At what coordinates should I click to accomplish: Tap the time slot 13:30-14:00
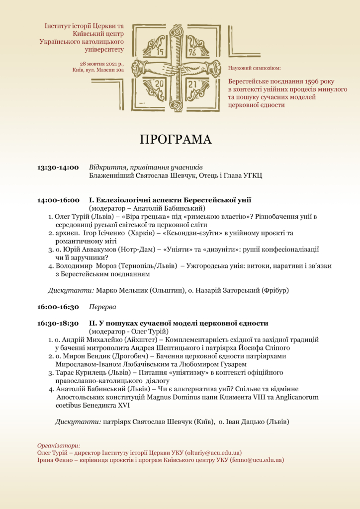(58, 168)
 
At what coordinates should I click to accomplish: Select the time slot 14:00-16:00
(58, 200)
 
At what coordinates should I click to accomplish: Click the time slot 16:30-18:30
(58, 323)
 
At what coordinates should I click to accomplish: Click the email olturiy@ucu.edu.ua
(213, 453)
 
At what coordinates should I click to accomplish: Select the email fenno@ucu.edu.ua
(257, 460)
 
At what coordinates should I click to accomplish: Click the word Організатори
(59, 445)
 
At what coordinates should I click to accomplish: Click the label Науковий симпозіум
(254, 68)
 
